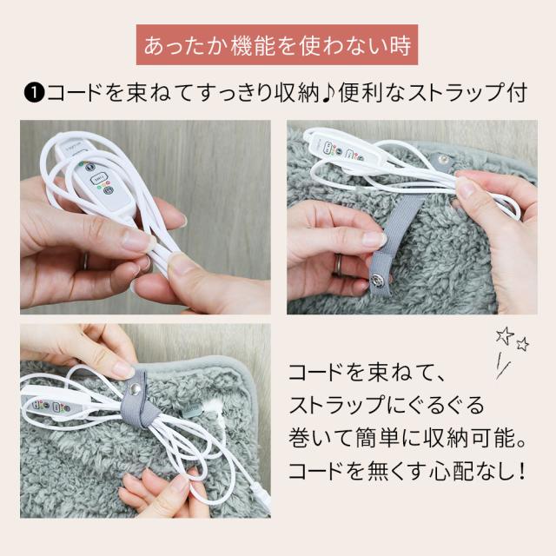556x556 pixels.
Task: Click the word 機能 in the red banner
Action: click(x=253, y=45)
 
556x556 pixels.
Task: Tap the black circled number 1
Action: click(x=33, y=94)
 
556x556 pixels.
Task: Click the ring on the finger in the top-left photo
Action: click(x=85, y=261)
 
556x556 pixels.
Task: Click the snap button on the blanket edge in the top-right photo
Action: click(x=441, y=157)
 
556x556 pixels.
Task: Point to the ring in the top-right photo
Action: click(x=340, y=265)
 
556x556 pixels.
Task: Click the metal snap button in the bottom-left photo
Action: click(x=135, y=390)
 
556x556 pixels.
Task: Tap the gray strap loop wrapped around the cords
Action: click(x=136, y=400)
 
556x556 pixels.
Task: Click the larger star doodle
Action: click(x=505, y=335)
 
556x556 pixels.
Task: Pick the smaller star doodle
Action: click(x=522, y=344)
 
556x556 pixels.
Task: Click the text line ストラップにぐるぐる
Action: click(x=386, y=406)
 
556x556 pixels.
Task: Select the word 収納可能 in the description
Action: click(x=468, y=438)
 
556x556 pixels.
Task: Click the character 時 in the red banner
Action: click(x=400, y=45)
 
